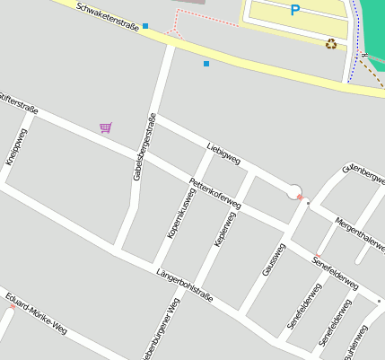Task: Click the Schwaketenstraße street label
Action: click(108, 16)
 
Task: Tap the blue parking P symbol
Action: click(295, 11)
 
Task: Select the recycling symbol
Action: click(331, 42)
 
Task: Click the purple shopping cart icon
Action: click(106, 127)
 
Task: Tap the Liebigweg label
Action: click(223, 153)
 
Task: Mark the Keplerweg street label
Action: click(223, 229)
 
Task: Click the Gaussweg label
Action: click(273, 258)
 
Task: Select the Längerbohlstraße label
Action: click(185, 284)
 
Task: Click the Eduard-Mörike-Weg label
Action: click(36, 312)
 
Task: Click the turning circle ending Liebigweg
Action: click(294, 190)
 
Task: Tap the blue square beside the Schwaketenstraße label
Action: click(145, 26)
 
